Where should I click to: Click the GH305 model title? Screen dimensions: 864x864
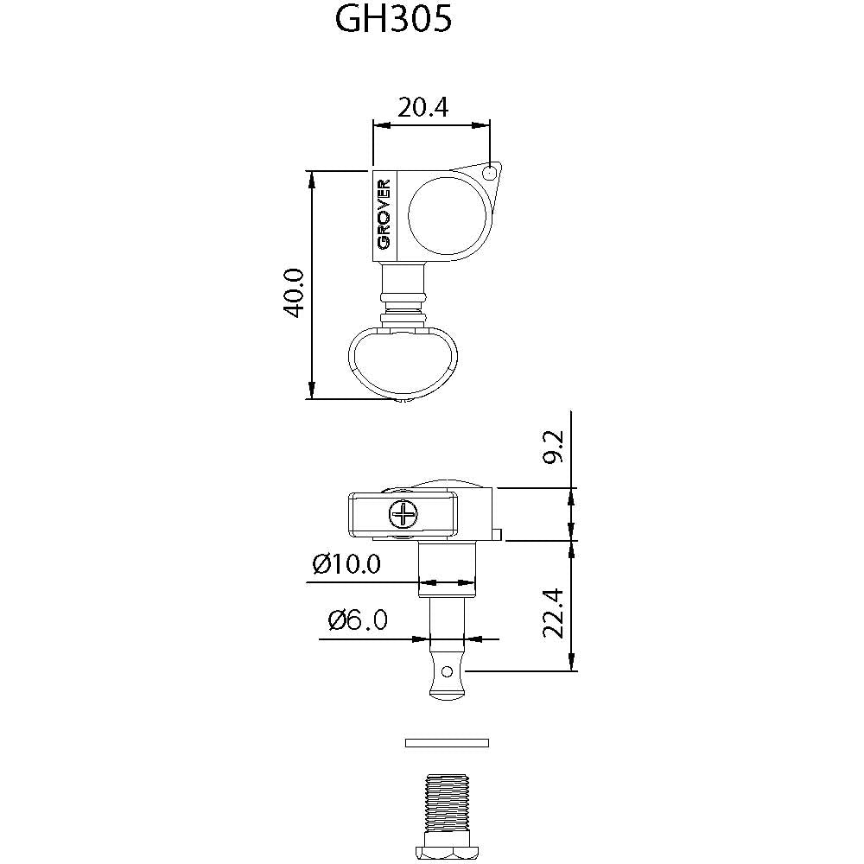pos(393,20)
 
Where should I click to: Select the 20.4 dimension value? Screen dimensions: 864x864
pos(422,107)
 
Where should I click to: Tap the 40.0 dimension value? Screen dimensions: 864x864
pos(294,293)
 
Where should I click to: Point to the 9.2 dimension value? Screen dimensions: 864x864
pos(553,447)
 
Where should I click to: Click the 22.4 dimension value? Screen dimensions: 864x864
pos(553,613)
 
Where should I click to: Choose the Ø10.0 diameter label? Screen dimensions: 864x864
pos(346,563)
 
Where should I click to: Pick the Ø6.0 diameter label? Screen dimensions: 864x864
pos(358,619)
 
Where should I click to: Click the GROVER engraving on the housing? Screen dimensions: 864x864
pos(384,213)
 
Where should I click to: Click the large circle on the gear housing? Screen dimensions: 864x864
pos(448,216)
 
